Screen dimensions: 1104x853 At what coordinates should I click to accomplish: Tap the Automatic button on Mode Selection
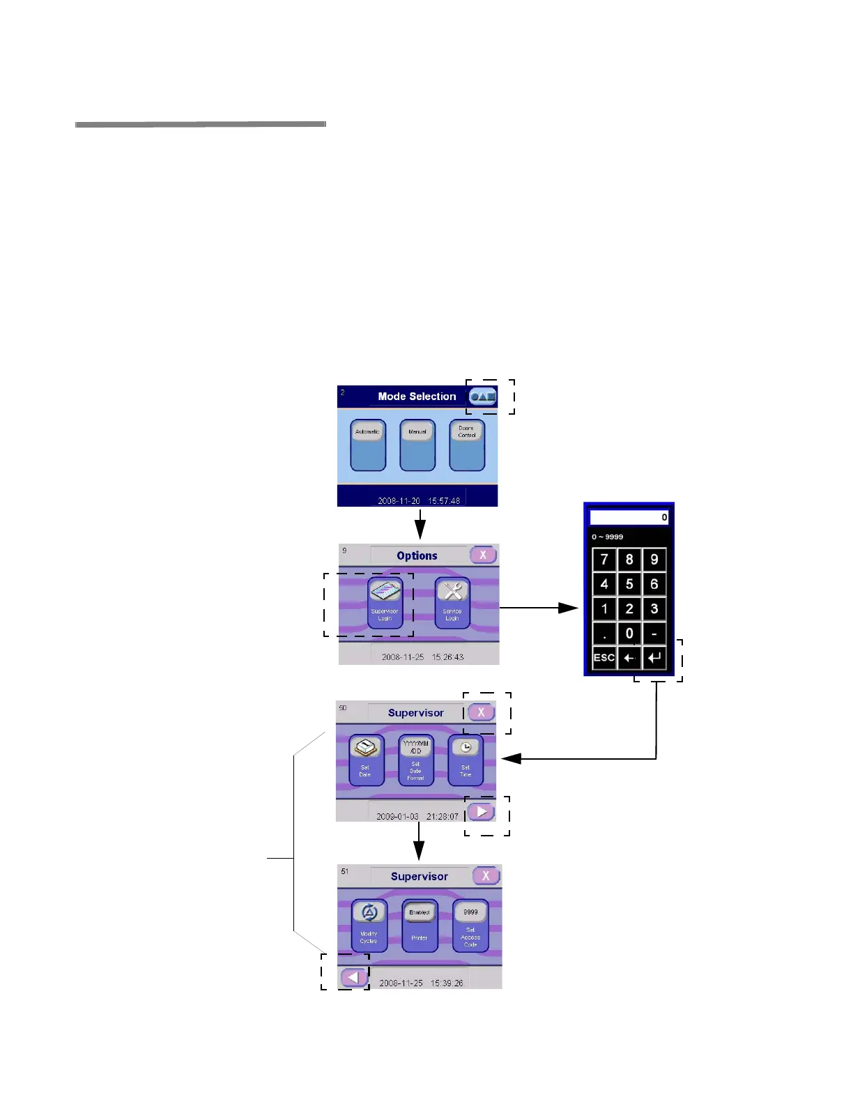(368, 445)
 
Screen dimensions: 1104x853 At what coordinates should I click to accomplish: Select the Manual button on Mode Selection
(417, 445)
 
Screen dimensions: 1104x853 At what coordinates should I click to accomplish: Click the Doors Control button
(467, 445)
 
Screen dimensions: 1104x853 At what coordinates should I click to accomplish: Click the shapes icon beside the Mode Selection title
(483, 397)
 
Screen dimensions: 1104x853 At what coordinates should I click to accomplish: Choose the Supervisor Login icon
(385, 602)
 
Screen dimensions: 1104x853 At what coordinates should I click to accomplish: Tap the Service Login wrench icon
(452, 602)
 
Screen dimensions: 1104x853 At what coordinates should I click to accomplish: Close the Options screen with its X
(483, 555)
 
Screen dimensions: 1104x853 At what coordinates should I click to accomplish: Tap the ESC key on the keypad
(604, 658)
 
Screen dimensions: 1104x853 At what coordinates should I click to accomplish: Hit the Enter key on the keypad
(654, 658)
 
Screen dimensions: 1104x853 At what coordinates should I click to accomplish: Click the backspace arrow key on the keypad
(629, 658)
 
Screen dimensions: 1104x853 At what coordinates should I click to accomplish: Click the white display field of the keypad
(629, 517)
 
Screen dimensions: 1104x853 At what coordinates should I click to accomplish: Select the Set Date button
(366, 760)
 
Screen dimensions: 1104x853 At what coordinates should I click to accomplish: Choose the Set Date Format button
(416, 760)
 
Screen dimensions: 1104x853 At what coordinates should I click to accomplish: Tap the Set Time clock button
(466, 760)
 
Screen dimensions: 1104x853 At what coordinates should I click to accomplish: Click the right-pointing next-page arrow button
(482, 812)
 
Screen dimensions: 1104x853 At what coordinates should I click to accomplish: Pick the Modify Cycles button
(369, 925)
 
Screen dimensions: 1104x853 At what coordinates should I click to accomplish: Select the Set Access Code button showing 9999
(470, 925)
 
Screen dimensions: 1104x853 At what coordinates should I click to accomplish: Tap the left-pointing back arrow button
(354, 978)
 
